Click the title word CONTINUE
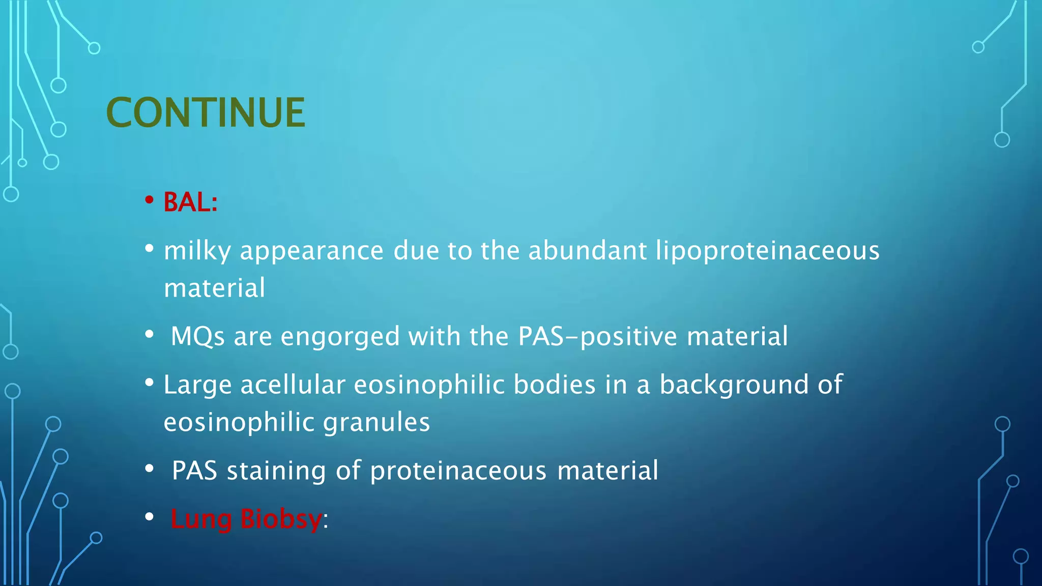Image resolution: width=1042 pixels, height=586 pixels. click(x=206, y=112)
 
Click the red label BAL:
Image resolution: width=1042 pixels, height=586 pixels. click(x=190, y=202)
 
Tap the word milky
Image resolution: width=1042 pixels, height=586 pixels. click(x=197, y=251)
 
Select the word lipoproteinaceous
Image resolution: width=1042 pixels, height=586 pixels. click(x=767, y=251)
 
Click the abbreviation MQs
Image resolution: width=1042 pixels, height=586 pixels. click(x=197, y=336)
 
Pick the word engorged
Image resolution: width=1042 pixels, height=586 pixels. click(x=340, y=337)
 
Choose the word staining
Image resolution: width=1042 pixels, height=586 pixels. click(x=276, y=471)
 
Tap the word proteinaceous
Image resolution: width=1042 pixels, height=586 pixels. click(x=458, y=471)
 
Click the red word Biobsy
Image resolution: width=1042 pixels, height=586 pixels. click(x=281, y=519)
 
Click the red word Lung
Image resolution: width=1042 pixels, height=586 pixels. click(x=201, y=519)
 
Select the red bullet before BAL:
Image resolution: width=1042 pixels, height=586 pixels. click(x=149, y=200)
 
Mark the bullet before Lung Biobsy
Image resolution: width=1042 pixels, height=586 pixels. click(x=149, y=517)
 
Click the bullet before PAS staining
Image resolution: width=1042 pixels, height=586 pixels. click(x=149, y=468)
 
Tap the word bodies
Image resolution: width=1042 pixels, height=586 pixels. click(x=554, y=385)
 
